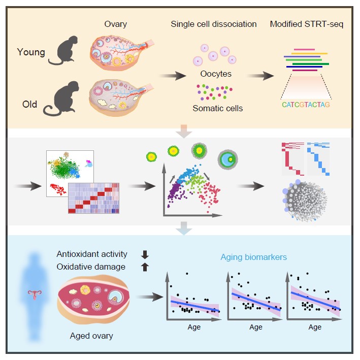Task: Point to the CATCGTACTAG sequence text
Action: pyautogui.click(x=307, y=105)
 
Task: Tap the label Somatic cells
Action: pyautogui.click(x=217, y=108)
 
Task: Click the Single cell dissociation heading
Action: pyautogui.click(x=214, y=24)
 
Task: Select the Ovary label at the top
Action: pyautogui.click(x=115, y=24)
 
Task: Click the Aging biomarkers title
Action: pyautogui.click(x=253, y=257)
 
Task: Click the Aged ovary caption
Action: pyautogui.click(x=91, y=336)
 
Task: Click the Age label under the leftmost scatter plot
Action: pyautogui.click(x=194, y=327)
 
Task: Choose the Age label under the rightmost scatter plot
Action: pyautogui.click(x=315, y=327)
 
